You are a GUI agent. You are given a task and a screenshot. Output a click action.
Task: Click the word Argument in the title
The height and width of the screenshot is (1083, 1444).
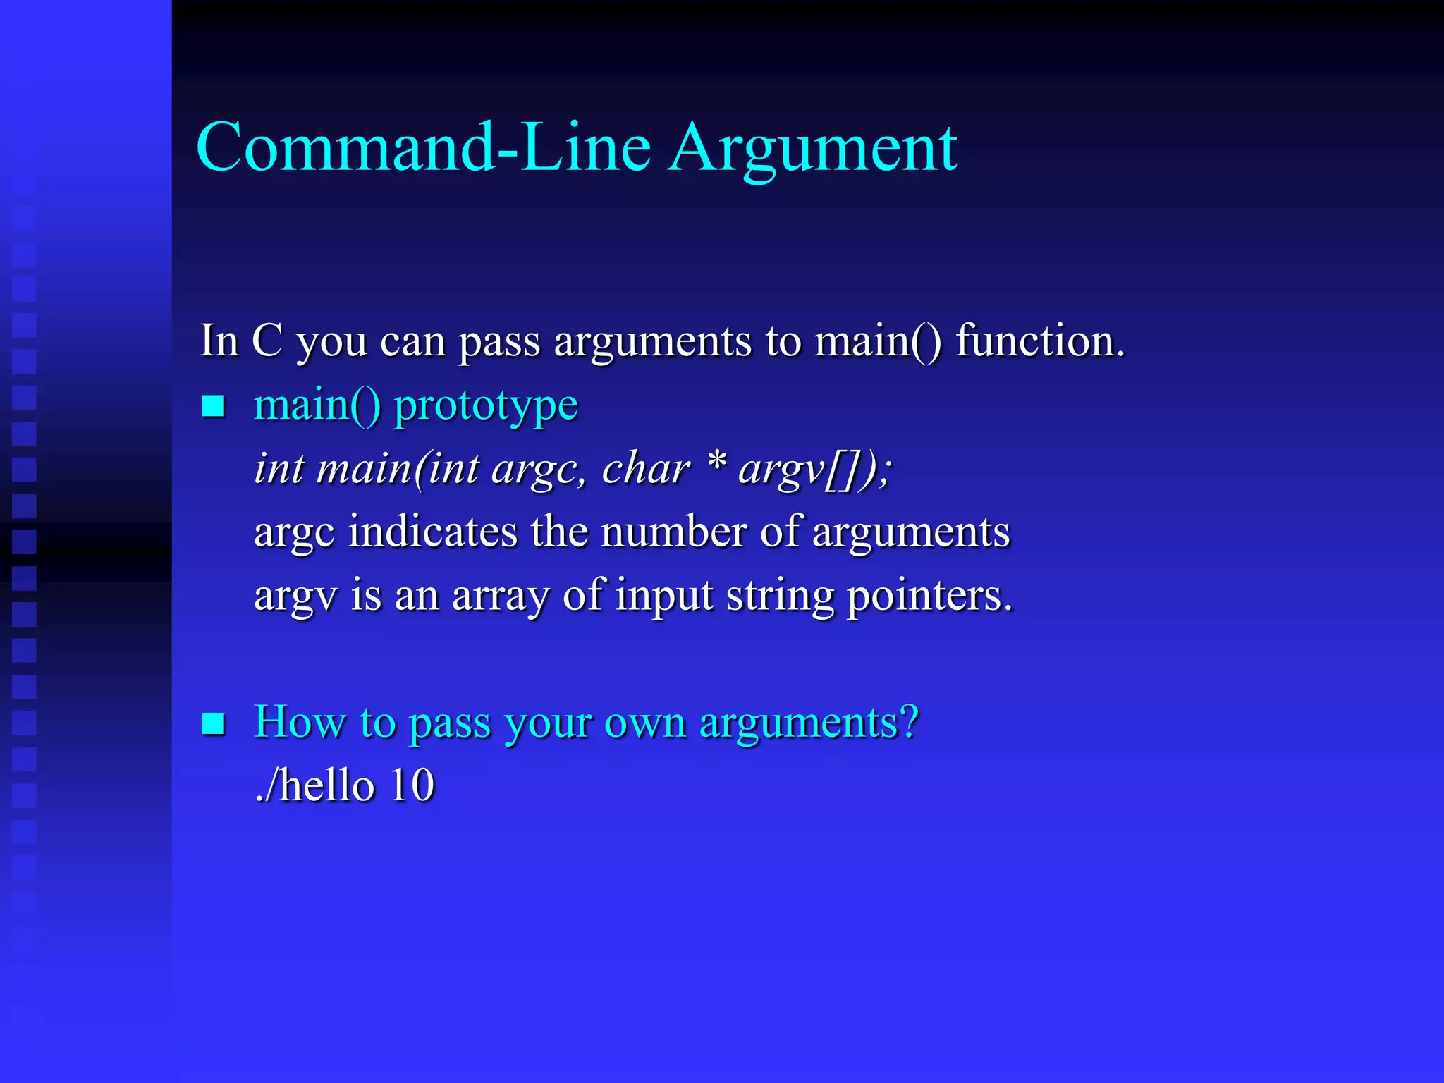[x=813, y=149]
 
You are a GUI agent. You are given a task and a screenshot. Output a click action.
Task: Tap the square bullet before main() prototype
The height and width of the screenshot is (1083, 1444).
[x=213, y=407]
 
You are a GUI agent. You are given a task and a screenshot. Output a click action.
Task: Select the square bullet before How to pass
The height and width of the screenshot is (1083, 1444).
[x=213, y=723]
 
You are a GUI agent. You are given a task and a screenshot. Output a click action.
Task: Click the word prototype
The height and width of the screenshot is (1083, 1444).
[x=486, y=408]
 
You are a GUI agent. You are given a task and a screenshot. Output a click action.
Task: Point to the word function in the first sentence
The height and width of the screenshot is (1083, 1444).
[x=1039, y=341]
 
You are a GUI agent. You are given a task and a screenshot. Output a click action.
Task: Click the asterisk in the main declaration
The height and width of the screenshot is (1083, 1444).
[x=716, y=462]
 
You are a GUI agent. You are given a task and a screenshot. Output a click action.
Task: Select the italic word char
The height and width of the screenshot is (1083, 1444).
[x=645, y=468]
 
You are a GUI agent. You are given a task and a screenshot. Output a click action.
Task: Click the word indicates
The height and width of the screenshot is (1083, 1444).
[x=433, y=532]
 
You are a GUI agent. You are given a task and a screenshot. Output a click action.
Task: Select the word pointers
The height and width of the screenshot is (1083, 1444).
[x=929, y=596]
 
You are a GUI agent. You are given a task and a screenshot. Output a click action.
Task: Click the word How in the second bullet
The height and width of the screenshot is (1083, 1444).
[x=300, y=722]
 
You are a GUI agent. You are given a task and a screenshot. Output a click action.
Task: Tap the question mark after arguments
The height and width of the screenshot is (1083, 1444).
[x=910, y=722]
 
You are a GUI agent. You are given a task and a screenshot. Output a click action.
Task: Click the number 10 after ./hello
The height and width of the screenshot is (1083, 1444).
[x=412, y=785]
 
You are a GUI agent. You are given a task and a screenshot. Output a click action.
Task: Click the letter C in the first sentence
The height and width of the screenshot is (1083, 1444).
[x=267, y=341]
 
